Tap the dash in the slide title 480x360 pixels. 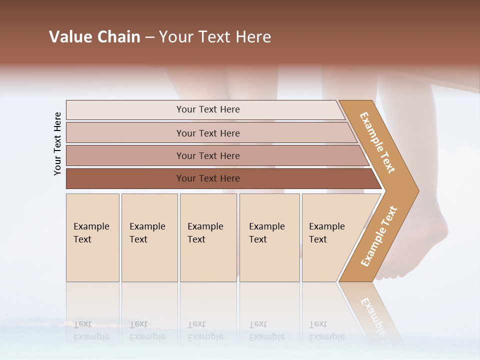[149, 37]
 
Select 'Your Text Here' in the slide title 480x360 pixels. [215, 37]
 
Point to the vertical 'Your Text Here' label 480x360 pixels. [57, 144]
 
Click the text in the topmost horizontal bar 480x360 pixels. [208, 109]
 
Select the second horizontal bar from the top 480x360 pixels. [208, 133]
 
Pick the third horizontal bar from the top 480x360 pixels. [208, 156]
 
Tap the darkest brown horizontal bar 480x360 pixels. [208, 178]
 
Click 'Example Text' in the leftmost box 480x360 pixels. [91, 233]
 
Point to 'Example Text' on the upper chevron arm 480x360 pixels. [377, 142]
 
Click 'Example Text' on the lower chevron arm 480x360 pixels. [379, 236]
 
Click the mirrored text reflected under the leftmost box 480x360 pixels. [91, 330]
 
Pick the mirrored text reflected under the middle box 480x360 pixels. [205, 330]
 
